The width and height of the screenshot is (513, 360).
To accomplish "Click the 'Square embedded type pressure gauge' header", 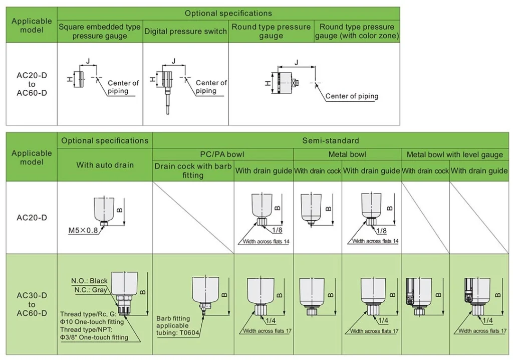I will [100, 31].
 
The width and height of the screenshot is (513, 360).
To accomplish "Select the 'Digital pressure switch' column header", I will [185, 31].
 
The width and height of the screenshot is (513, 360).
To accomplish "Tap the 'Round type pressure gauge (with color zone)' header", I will [357, 31].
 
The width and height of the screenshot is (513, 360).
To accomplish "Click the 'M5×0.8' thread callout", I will [84, 231].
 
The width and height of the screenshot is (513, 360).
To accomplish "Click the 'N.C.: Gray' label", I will [91, 290].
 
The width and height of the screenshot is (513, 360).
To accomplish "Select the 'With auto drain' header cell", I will [105, 164].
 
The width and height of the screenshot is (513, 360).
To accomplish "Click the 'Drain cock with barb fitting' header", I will [193, 170].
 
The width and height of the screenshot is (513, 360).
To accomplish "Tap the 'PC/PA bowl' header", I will [223, 155].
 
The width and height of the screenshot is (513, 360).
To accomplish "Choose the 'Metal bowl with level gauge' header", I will [454, 155].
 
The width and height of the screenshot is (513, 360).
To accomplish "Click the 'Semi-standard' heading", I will [330, 141].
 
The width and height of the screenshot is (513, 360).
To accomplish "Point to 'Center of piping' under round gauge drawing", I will [352, 96].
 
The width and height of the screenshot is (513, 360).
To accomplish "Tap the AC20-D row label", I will [32, 218].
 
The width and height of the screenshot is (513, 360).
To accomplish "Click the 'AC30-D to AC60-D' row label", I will [32, 304].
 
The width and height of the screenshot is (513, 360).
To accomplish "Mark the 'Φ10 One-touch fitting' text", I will [92, 322].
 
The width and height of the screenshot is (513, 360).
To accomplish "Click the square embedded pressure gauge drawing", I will [78, 78].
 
